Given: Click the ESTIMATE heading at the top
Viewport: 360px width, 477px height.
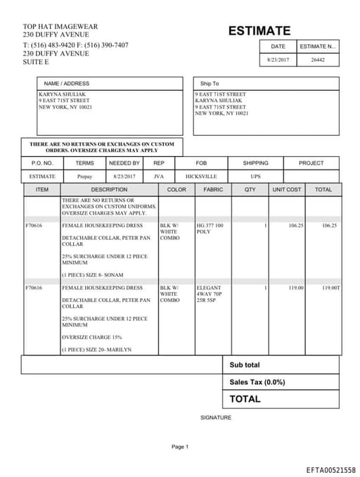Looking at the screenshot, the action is coord(259,31).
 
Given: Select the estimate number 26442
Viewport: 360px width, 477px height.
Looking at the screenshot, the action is coord(318,60).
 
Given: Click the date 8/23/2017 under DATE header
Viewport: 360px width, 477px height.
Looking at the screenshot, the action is coord(278,60).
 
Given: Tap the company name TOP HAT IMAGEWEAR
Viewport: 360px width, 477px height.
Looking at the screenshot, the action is coord(60,27).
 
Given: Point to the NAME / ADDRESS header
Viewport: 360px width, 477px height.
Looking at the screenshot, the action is coord(67,84).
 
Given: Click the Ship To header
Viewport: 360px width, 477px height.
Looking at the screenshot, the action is coord(210,84).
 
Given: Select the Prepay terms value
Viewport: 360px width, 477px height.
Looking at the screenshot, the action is coord(84,177).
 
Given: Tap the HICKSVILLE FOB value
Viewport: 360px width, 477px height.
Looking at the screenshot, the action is coord(201,177).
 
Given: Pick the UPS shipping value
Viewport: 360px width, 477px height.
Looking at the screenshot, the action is coord(255,177).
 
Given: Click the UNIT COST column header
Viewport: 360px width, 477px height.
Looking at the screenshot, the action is coord(286,190).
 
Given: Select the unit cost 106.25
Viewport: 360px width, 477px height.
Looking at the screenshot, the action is coord(296,226).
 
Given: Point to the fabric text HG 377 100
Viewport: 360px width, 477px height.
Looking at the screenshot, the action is coord(210,226).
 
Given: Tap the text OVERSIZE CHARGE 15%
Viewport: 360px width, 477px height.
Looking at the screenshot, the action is coord(91,337).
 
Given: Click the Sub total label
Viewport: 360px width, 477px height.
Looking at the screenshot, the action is coord(244,365).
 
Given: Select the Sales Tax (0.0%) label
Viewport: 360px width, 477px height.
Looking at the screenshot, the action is coord(257,382).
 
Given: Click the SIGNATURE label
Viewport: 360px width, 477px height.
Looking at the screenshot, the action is coord(216,417).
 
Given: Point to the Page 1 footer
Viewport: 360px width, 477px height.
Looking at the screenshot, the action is coord(180,447).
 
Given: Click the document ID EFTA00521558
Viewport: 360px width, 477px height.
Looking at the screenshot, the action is coord(330,469).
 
